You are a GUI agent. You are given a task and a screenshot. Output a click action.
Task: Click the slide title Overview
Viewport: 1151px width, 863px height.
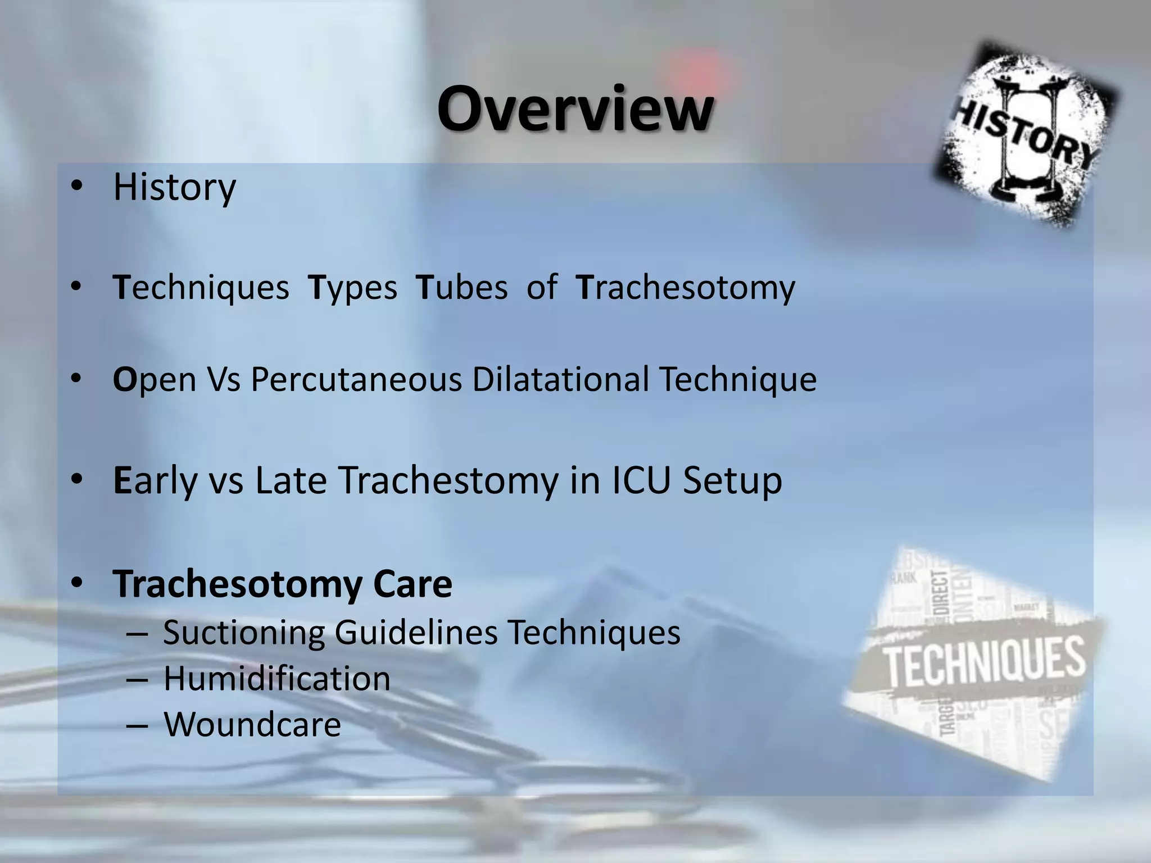coord(575,109)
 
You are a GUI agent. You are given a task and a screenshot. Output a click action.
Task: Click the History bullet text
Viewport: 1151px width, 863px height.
coord(174,187)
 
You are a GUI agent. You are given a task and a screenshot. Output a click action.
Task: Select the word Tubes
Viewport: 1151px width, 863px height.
coord(461,288)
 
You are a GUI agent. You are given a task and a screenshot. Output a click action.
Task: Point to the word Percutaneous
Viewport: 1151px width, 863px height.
coord(356,379)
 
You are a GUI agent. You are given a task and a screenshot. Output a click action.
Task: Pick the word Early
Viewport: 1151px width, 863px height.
coord(155,481)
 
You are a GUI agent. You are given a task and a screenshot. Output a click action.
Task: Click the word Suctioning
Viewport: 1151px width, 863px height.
coord(244,633)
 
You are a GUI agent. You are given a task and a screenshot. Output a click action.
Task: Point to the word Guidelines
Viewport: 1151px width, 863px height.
coord(416,632)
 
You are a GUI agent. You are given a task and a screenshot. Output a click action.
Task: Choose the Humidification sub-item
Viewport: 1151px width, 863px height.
coord(277,679)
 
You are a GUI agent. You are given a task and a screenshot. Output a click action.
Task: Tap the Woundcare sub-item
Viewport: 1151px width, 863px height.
coord(252,724)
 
